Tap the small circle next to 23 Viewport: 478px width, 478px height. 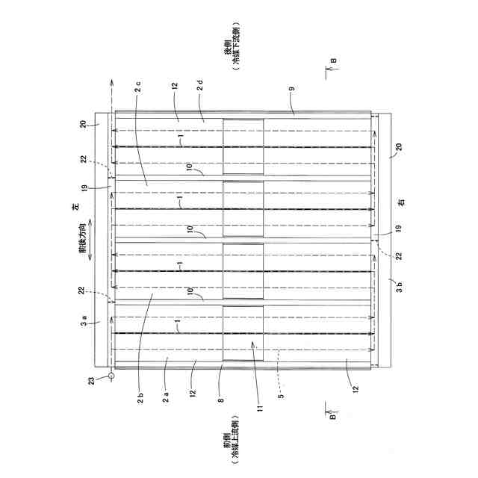point(110,376)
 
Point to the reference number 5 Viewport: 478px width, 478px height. point(279,388)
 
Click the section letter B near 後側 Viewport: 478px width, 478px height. point(334,62)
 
